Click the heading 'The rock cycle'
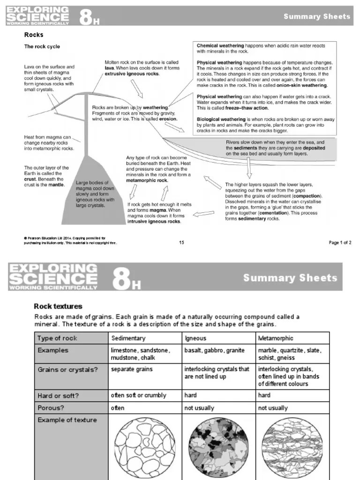click(42, 47)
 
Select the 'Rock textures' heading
click(58, 306)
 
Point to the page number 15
click(182, 242)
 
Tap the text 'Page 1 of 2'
click(340, 242)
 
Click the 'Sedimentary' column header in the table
click(128, 338)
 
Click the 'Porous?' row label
click(52, 408)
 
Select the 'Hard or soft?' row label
click(58, 395)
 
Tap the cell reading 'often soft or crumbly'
click(138, 395)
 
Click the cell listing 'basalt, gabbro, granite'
click(214, 351)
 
